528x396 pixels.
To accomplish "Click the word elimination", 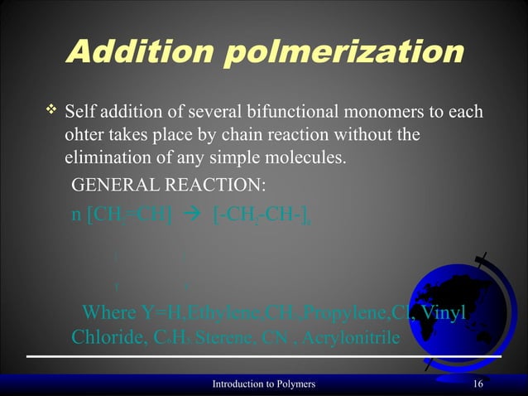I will point(103,156).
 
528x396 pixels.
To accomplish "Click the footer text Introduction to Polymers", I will point(263,384).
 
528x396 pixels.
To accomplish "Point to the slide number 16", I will point(478,384).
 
